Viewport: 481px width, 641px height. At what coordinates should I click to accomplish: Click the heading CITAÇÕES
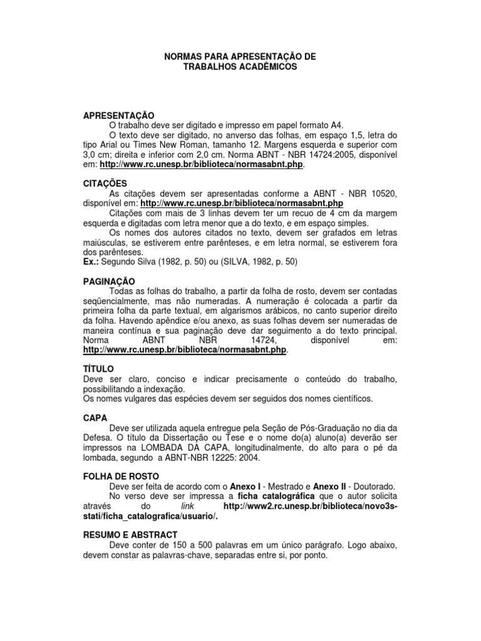105,183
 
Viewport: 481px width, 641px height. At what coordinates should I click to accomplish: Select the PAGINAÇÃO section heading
109,282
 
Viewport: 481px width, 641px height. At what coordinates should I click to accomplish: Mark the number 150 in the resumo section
173,545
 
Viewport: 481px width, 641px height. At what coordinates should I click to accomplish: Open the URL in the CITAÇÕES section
242,203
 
